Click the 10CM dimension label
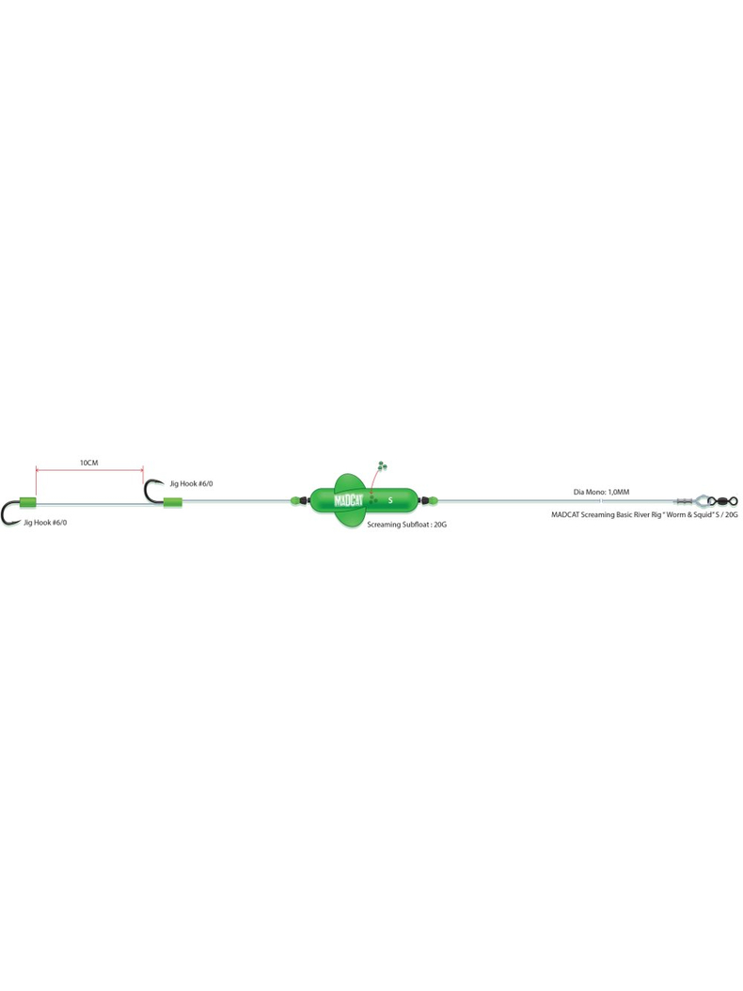[x=88, y=463]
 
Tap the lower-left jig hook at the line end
[x=10, y=513]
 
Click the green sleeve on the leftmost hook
[x=28, y=502]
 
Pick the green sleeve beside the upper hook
[x=173, y=502]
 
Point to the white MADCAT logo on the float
[x=348, y=500]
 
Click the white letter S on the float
[x=390, y=500]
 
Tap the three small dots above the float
[x=381, y=466]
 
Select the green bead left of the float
[x=294, y=500]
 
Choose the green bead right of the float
[x=434, y=500]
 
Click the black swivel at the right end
[x=722, y=501]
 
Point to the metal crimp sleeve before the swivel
[x=684, y=501]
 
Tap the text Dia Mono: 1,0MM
[x=601, y=492]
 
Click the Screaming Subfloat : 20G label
[x=406, y=525]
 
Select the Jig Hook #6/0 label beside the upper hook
[x=191, y=483]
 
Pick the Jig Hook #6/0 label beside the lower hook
[x=45, y=523]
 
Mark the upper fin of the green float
[x=350, y=481]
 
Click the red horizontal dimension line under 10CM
[x=89, y=469]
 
